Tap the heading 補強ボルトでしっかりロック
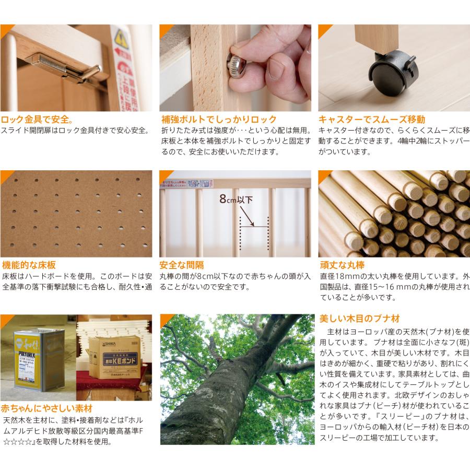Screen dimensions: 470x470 218,119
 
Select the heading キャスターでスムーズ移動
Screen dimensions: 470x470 372,119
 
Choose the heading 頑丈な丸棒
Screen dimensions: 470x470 342,265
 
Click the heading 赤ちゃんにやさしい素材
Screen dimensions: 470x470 47,408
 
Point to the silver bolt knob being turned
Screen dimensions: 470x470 236,66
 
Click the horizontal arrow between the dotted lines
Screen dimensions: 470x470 254,225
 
